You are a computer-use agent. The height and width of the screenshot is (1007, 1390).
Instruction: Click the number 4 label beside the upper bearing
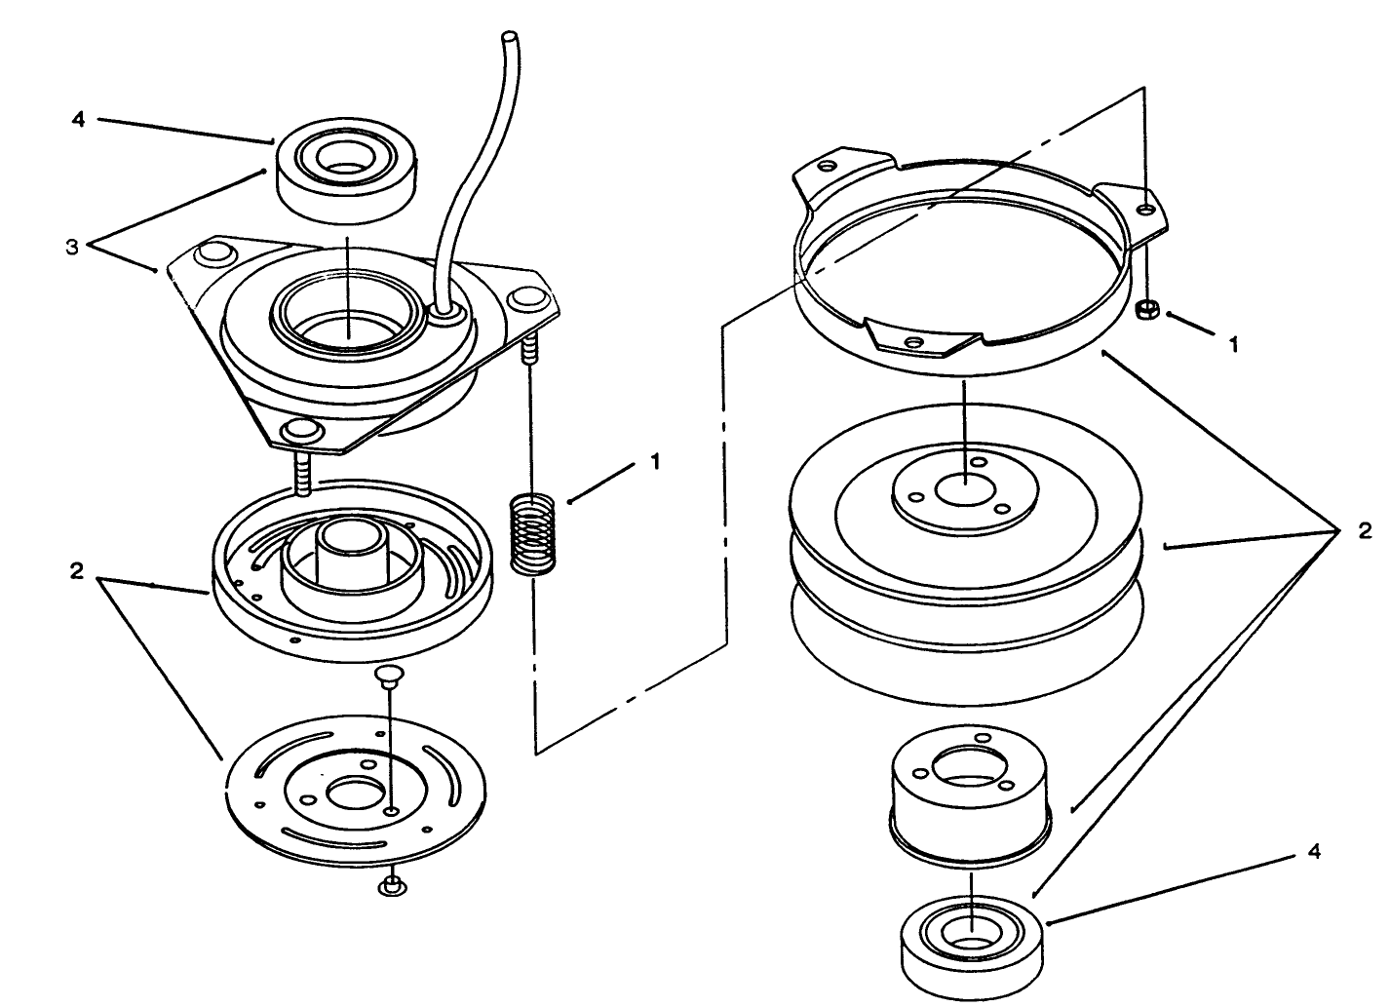point(78,120)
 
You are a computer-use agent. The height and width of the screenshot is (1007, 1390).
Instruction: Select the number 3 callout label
point(72,247)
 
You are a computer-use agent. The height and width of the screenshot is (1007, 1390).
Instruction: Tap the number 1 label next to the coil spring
point(655,462)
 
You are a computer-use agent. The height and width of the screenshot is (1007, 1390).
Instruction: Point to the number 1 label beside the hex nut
point(1233,344)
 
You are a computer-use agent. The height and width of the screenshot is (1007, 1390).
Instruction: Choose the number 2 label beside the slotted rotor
point(76,571)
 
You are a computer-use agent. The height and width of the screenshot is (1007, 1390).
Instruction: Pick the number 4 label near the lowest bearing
point(1314,852)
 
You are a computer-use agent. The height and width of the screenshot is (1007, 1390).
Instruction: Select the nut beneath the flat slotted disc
point(392,886)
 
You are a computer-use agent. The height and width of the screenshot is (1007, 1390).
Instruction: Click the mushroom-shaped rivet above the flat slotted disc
point(390,675)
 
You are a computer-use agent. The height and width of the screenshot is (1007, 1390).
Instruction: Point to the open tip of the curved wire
point(509,36)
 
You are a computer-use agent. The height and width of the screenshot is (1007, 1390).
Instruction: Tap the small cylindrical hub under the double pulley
point(969,799)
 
